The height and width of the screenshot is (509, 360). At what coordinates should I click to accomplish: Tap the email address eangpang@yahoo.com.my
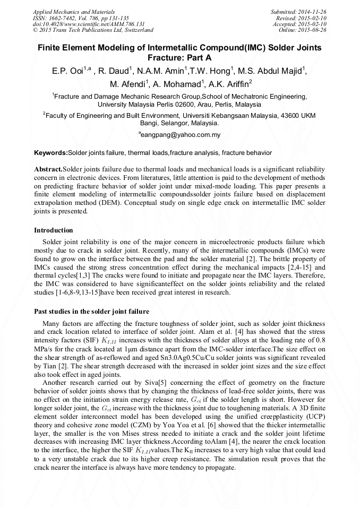pyautogui.click(x=180, y=135)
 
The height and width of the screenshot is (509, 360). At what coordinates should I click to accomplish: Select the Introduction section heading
pyautogui.click(x=54, y=230)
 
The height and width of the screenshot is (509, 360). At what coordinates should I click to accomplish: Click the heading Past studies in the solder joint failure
pyautogui.click(x=91, y=311)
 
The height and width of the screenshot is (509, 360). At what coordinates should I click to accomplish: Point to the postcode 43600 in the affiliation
pyautogui.click(x=286, y=115)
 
